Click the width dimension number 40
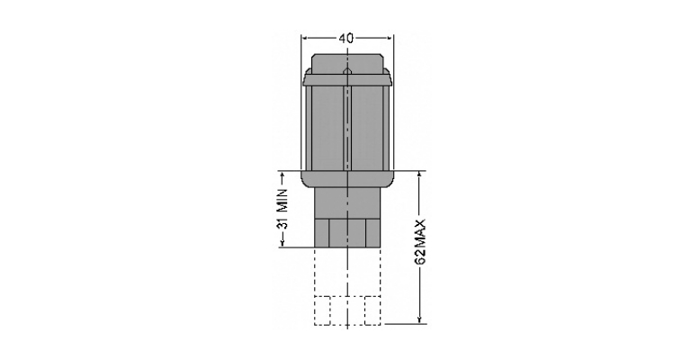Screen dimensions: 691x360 click(x=345, y=39)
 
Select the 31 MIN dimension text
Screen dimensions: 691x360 click(x=283, y=209)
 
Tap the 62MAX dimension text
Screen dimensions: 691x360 click(x=421, y=242)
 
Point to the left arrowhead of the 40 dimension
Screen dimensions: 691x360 click(x=304, y=39)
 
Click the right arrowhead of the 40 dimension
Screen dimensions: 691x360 click(x=389, y=39)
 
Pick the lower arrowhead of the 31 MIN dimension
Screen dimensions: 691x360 click(x=283, y=243)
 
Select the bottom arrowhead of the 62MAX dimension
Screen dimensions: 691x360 click(x=420, y=319)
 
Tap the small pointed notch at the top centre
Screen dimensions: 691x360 click(x=347, y=71)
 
